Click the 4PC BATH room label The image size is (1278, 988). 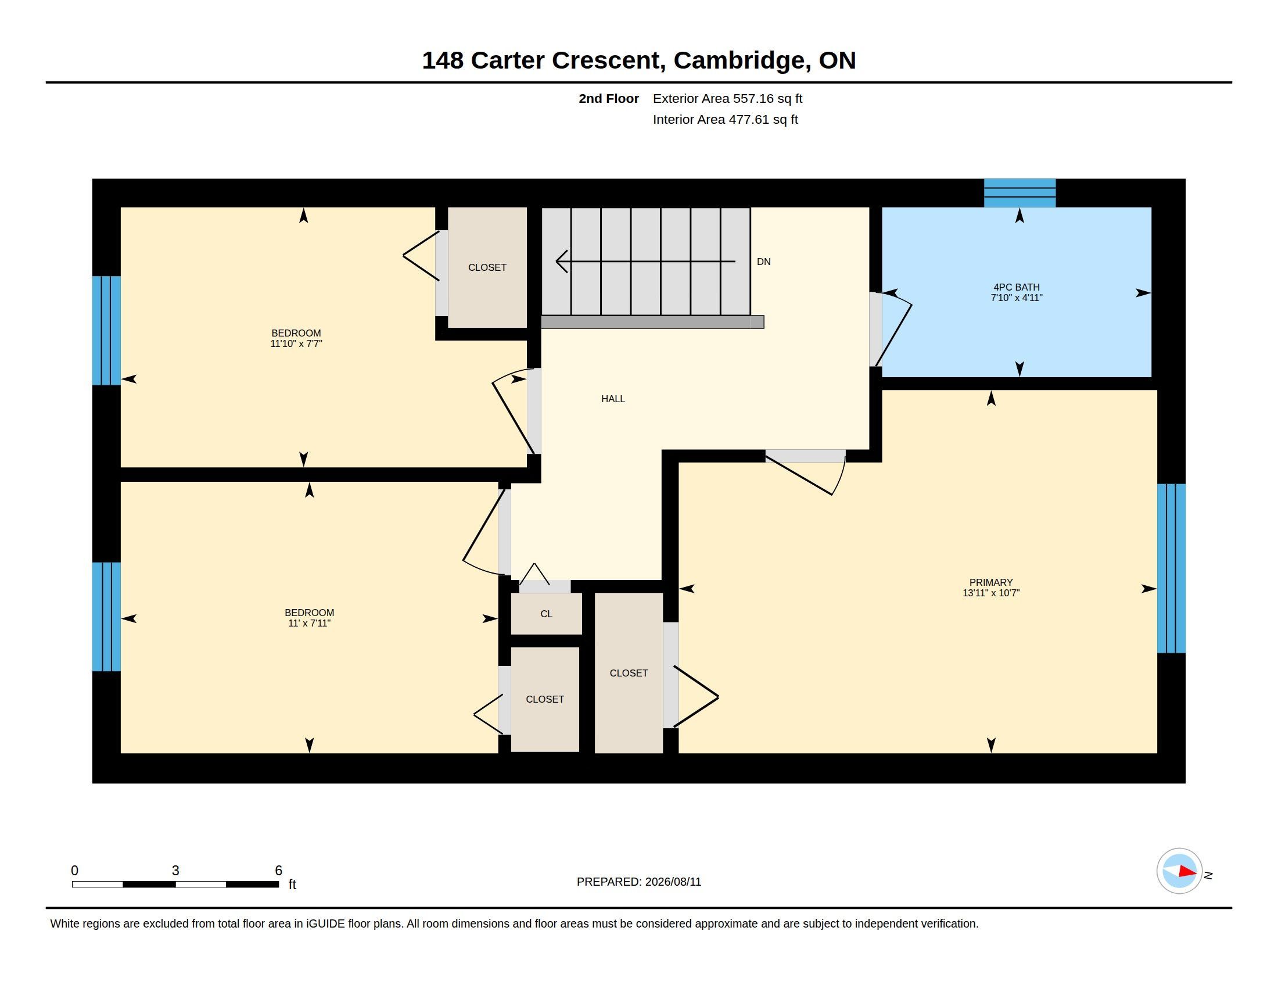click(1017, 287)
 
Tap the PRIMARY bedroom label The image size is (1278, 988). click(990, 582)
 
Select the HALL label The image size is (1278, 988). click(613, 399)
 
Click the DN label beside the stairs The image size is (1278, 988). click(764, 262)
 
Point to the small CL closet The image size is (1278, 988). click(547, 613)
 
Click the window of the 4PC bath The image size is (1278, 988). click(1019, 192)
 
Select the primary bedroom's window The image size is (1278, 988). click(1172, 568)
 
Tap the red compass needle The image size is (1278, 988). click(1188, 872)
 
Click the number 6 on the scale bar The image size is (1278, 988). click(278, 871)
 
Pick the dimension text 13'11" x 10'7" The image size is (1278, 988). click(990, 593)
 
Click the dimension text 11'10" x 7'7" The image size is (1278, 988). click(296, 343)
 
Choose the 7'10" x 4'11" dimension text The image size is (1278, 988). click(1017, 298)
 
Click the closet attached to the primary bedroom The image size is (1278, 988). click(629, 673)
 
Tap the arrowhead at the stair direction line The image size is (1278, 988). click(561, 262)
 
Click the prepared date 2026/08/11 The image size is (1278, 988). click(673, 882)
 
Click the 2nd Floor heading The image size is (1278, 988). click(609, 98)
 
